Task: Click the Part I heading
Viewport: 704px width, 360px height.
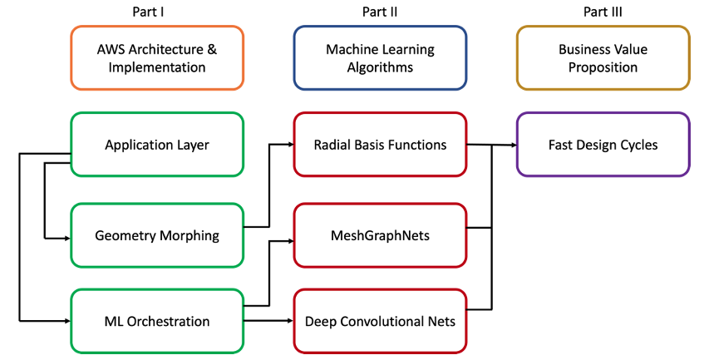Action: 157,12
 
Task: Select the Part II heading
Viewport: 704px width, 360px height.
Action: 379,12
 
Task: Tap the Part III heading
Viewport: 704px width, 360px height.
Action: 603,12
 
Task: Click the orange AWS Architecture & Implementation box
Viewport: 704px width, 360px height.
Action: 157,58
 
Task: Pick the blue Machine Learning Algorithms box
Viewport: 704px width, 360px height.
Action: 380,58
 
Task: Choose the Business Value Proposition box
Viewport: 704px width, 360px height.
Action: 603,58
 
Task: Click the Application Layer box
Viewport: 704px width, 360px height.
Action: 157,145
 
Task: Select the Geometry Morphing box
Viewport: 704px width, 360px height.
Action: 157,235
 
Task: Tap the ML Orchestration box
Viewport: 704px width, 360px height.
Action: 157,321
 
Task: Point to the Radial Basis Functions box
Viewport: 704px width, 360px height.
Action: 380,145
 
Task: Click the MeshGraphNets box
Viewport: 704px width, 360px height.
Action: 380,235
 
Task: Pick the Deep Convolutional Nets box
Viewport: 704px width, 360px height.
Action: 380,321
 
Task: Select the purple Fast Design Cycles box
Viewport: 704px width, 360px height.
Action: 603,145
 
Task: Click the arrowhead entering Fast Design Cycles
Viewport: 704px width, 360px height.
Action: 513,145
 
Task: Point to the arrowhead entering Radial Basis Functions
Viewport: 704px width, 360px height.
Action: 290,145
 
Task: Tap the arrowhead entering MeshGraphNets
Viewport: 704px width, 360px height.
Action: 290,241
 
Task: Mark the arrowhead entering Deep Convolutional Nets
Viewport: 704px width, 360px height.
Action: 290,320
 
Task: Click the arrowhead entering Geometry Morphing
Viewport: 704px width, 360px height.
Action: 66,238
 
